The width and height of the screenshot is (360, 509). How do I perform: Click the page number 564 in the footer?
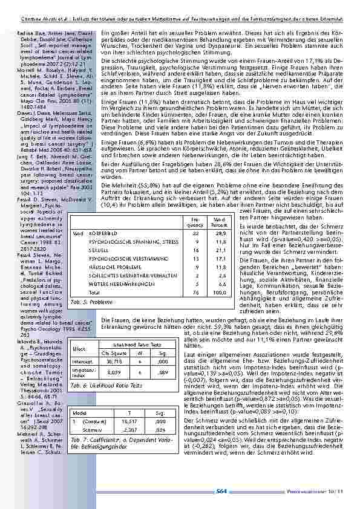click(x=221, y=491)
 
